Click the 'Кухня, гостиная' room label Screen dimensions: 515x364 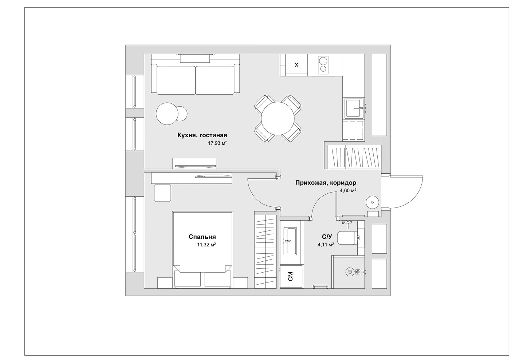click(202, 135)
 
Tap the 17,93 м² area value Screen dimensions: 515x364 click(217, 143)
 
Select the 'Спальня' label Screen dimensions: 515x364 click(202, 237)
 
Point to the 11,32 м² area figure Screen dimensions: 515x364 click(206, 245)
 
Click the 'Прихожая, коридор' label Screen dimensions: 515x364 click(326, 183)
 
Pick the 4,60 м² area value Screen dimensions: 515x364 click(348, 190)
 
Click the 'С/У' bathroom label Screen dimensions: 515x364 click(327, 237)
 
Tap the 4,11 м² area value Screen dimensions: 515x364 click(326, 245)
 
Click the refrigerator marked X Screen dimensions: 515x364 click(296, 65)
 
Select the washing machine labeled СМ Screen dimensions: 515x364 click(291, 276)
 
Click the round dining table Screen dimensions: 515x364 click(278, 118)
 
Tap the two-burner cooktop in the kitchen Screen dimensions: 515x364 click(324, 65)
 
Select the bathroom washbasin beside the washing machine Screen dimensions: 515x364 click(290, 241)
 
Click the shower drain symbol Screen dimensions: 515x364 click(350, 272)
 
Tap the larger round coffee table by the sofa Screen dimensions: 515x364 click(167, 114)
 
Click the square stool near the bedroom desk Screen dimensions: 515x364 click(162, 193)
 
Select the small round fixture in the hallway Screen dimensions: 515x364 click(372, 203)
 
